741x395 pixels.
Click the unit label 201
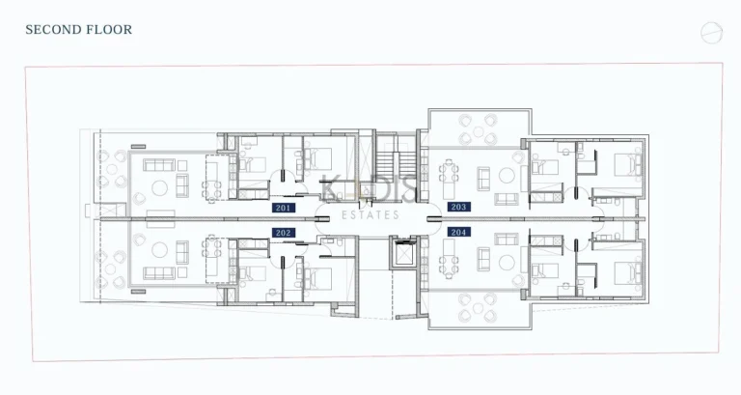pos(284,208)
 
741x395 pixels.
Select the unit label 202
pos(284,233)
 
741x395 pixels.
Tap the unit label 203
pos(459,208)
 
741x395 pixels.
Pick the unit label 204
pos(459,232)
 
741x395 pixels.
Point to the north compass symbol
pos(711,33)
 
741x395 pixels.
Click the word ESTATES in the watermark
pos(371,215)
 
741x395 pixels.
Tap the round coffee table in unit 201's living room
pos(182,187)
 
